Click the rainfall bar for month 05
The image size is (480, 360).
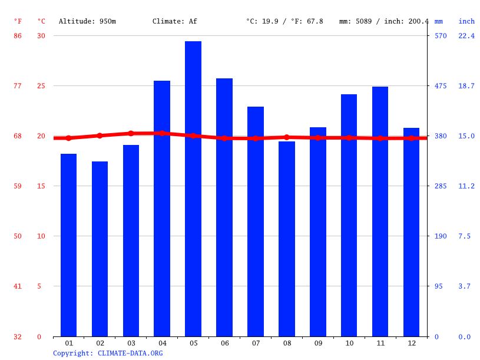[x=193, y=189]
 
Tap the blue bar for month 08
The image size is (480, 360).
[x=287, y=239]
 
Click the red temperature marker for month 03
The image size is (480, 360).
[x=131, y=133]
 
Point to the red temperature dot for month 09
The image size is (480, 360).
[x=318, y=138]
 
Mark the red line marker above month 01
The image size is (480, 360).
[x=68, y=138]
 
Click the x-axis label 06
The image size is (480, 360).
[x=224, y=343]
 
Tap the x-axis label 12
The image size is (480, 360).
[x=411, y=343]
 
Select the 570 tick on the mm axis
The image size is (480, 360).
[x=441, y=36]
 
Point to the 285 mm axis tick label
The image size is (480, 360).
[x=441, y=186]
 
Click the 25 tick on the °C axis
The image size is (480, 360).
[x=41, y=86]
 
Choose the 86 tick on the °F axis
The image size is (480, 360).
[x=18, y=36]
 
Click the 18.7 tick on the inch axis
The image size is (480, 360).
[x=466, y=86]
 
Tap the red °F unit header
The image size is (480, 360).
[x=18, y=21]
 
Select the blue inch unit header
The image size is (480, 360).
[x=466, y=21]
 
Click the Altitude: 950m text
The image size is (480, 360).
[x=87, y=21]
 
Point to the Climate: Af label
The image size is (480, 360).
[x=175, y=21]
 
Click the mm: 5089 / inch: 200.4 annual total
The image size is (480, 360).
[x=384, y=21]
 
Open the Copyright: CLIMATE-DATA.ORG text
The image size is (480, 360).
[x=108, y=353]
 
